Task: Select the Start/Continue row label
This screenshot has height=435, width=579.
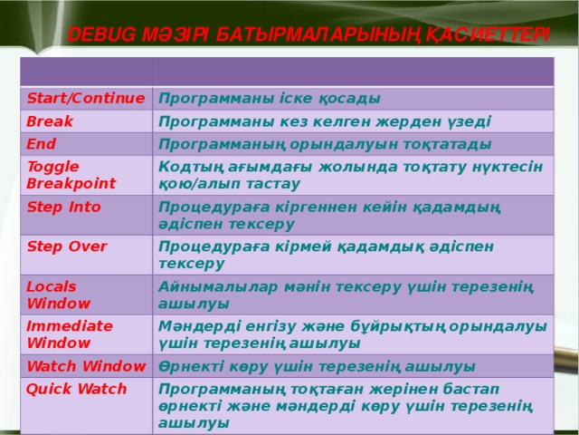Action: pyautogui.click(x=86, y=97)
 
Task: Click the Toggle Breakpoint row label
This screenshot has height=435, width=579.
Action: pyautogui.click(x=71, y=174)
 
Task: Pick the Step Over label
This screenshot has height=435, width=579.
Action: pyautogui.click(x=67, y=246)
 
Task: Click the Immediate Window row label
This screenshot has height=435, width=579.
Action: pyautogui.click(x=69, y=333)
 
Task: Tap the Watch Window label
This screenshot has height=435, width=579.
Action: pyautogui.click(x=86, y=366)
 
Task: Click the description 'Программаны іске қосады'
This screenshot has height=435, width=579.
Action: pyautogui.click(x=269, y=98)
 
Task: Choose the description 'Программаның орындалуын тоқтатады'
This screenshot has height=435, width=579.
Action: pyautogui.click(x=324, y=144)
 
